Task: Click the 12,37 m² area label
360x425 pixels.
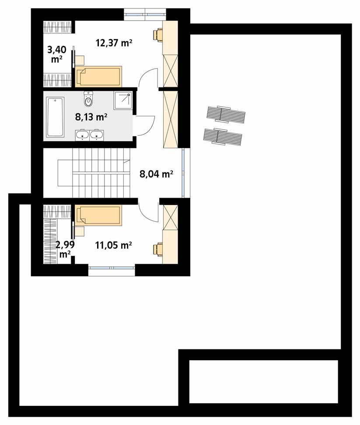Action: pos(114,43)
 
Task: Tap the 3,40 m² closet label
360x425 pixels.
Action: pos(57,54)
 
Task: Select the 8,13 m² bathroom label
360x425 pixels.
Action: pos(91,117)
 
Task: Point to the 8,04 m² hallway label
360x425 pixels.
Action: pos(157,174)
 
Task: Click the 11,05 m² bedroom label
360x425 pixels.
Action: pos(113,245)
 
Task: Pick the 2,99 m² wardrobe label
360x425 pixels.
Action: pos(65,250)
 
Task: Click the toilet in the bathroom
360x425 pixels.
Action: pos(88,99)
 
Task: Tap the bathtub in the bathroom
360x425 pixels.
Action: pos(55,117)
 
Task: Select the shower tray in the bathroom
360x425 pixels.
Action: pos(123,101)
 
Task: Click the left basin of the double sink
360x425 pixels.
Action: pos(82,135)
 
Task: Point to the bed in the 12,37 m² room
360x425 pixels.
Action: pos(98,76)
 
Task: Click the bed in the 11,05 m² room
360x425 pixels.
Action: pos(98,216)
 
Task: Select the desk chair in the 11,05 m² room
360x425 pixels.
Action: pos(157,249)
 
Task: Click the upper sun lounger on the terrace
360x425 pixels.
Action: pos(226,114)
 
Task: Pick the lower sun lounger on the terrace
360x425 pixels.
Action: pos(222,136)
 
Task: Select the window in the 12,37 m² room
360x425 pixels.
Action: pos(145,14)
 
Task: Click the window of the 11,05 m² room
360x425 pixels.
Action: pos(112,269)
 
